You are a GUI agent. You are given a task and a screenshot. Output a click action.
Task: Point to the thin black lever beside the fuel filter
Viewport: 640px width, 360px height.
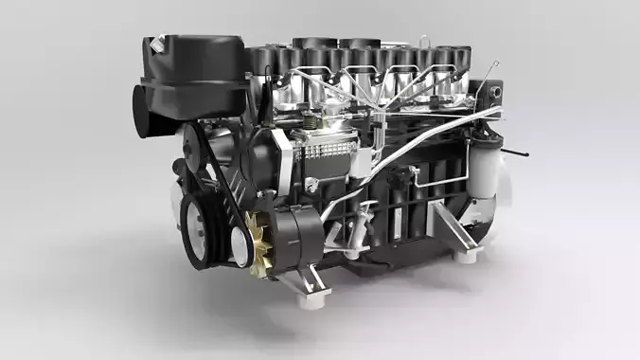pos(517,153)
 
